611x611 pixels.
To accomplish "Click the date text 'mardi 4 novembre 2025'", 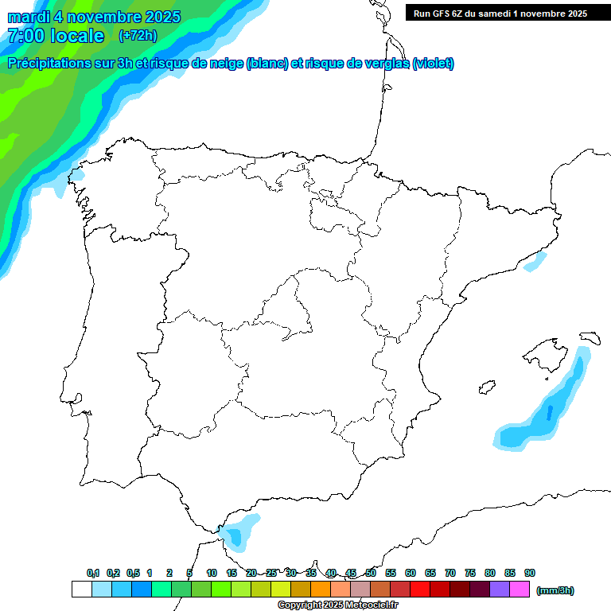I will [x=94, y=17].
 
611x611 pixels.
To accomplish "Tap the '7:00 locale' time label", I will [x=56, y=36].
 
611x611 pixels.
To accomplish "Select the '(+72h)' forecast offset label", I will [x=138, y=36].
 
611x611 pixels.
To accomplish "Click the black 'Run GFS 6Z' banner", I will [x=500, y=14].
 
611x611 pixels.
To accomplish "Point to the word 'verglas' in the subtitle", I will [x=387, y=64].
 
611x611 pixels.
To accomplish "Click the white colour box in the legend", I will [x=81, y=590].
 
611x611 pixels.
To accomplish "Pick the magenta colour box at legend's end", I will [x=520, y=590].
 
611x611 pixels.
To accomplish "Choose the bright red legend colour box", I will [x=420, y=590].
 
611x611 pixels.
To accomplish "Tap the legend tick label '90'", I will [x=530, y=573].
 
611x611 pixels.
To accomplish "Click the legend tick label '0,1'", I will [x=93, y=573].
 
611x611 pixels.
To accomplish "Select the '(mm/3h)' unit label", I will [x=555, y=590].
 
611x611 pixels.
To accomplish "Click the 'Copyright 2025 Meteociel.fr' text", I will [x=337, y=605].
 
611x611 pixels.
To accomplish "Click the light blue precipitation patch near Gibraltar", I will [x=239, y=532].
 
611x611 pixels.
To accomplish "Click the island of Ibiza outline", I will [x=485, y=387].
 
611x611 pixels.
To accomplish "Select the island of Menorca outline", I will [x=590, y=337].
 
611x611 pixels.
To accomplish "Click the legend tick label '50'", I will [x=371, y=573].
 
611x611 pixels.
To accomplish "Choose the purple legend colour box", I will [x=500, y=590].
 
